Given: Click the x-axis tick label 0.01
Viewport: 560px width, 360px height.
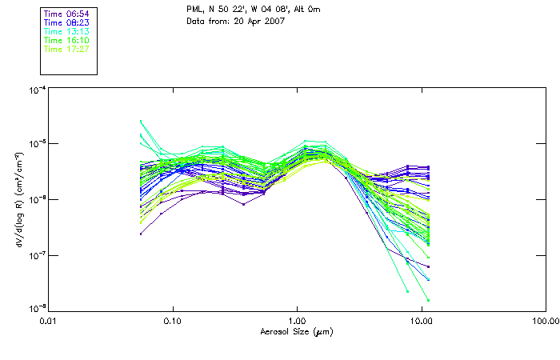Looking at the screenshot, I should pos(48,320).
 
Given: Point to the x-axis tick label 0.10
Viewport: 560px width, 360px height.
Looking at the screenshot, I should pos(172,320).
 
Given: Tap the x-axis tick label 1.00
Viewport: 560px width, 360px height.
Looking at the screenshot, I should pos(297,320).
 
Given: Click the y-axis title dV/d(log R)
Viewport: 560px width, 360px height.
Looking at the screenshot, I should pos(18,198).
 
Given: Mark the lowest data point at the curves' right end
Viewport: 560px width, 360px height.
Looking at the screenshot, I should pos(429,300).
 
